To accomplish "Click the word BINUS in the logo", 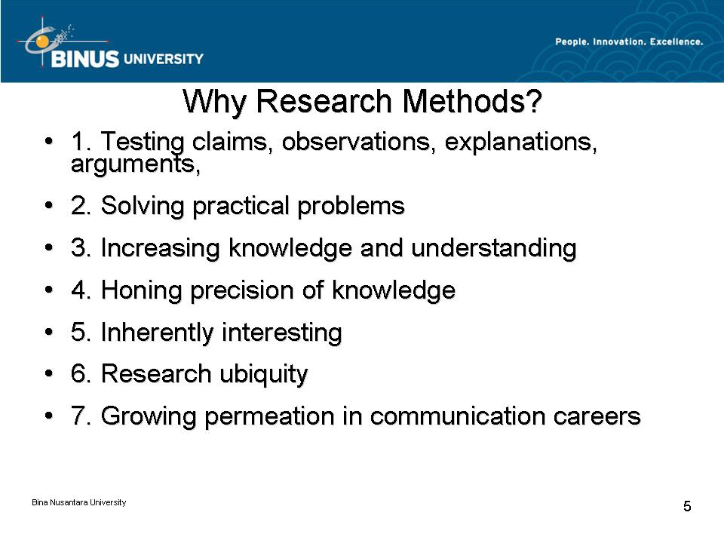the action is (85, 59).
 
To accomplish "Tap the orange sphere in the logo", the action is (42, 42).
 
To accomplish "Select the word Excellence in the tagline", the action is (676, 41).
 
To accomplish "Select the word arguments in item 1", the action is (135, 164).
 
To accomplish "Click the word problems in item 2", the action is (351, 206).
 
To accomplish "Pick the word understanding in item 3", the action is (493, 248).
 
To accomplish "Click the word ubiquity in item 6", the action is (263, 374).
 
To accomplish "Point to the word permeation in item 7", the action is (269, 416).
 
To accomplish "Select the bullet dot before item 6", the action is (49, 373).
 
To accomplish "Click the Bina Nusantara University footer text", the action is (79, 502).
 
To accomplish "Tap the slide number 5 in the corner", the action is (687, 507).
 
